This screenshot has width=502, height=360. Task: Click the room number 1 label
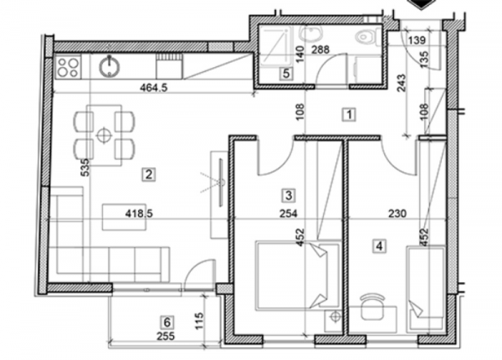(x=349, y=115)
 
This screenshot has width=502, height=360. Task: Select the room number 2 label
(x=148, y=175)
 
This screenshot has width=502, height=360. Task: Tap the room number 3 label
(x=288, y=195)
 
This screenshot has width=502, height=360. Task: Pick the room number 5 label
(x=287, y=74)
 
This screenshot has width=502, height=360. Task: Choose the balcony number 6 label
(x=166, y=321)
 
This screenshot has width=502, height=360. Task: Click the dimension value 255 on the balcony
(x=166, y=337)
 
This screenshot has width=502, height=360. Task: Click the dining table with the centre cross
(x=104, y=134)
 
